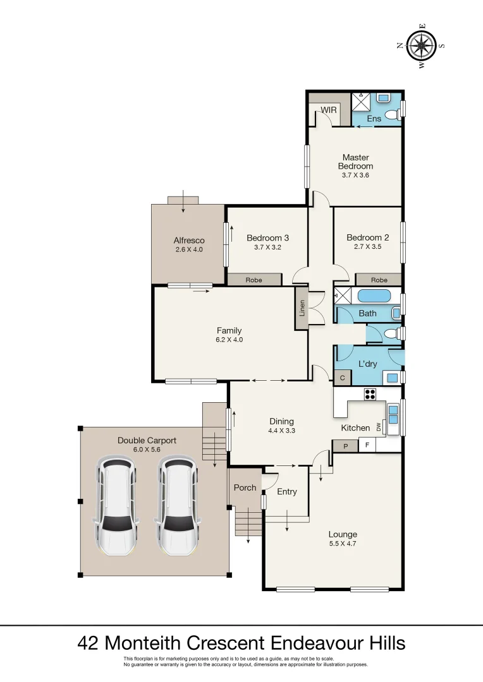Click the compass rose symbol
(x=421, y=45)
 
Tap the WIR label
(x=328, y=110)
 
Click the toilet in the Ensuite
(x=391, y=114)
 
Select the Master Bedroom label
(x=355, y=162)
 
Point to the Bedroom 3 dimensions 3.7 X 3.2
(x=267, y=248)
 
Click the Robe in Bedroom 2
(x=379, y=280)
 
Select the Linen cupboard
(x=302, y=308)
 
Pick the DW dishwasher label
(x=379, y=428)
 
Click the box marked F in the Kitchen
(x=367, y=445)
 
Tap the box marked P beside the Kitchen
(x=345, y=446)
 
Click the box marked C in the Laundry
(x=342, y=378)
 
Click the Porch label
(x=245, y=488)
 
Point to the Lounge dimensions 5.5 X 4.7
(x=343, y=544)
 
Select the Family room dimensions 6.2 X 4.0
(x=229, y=340)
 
